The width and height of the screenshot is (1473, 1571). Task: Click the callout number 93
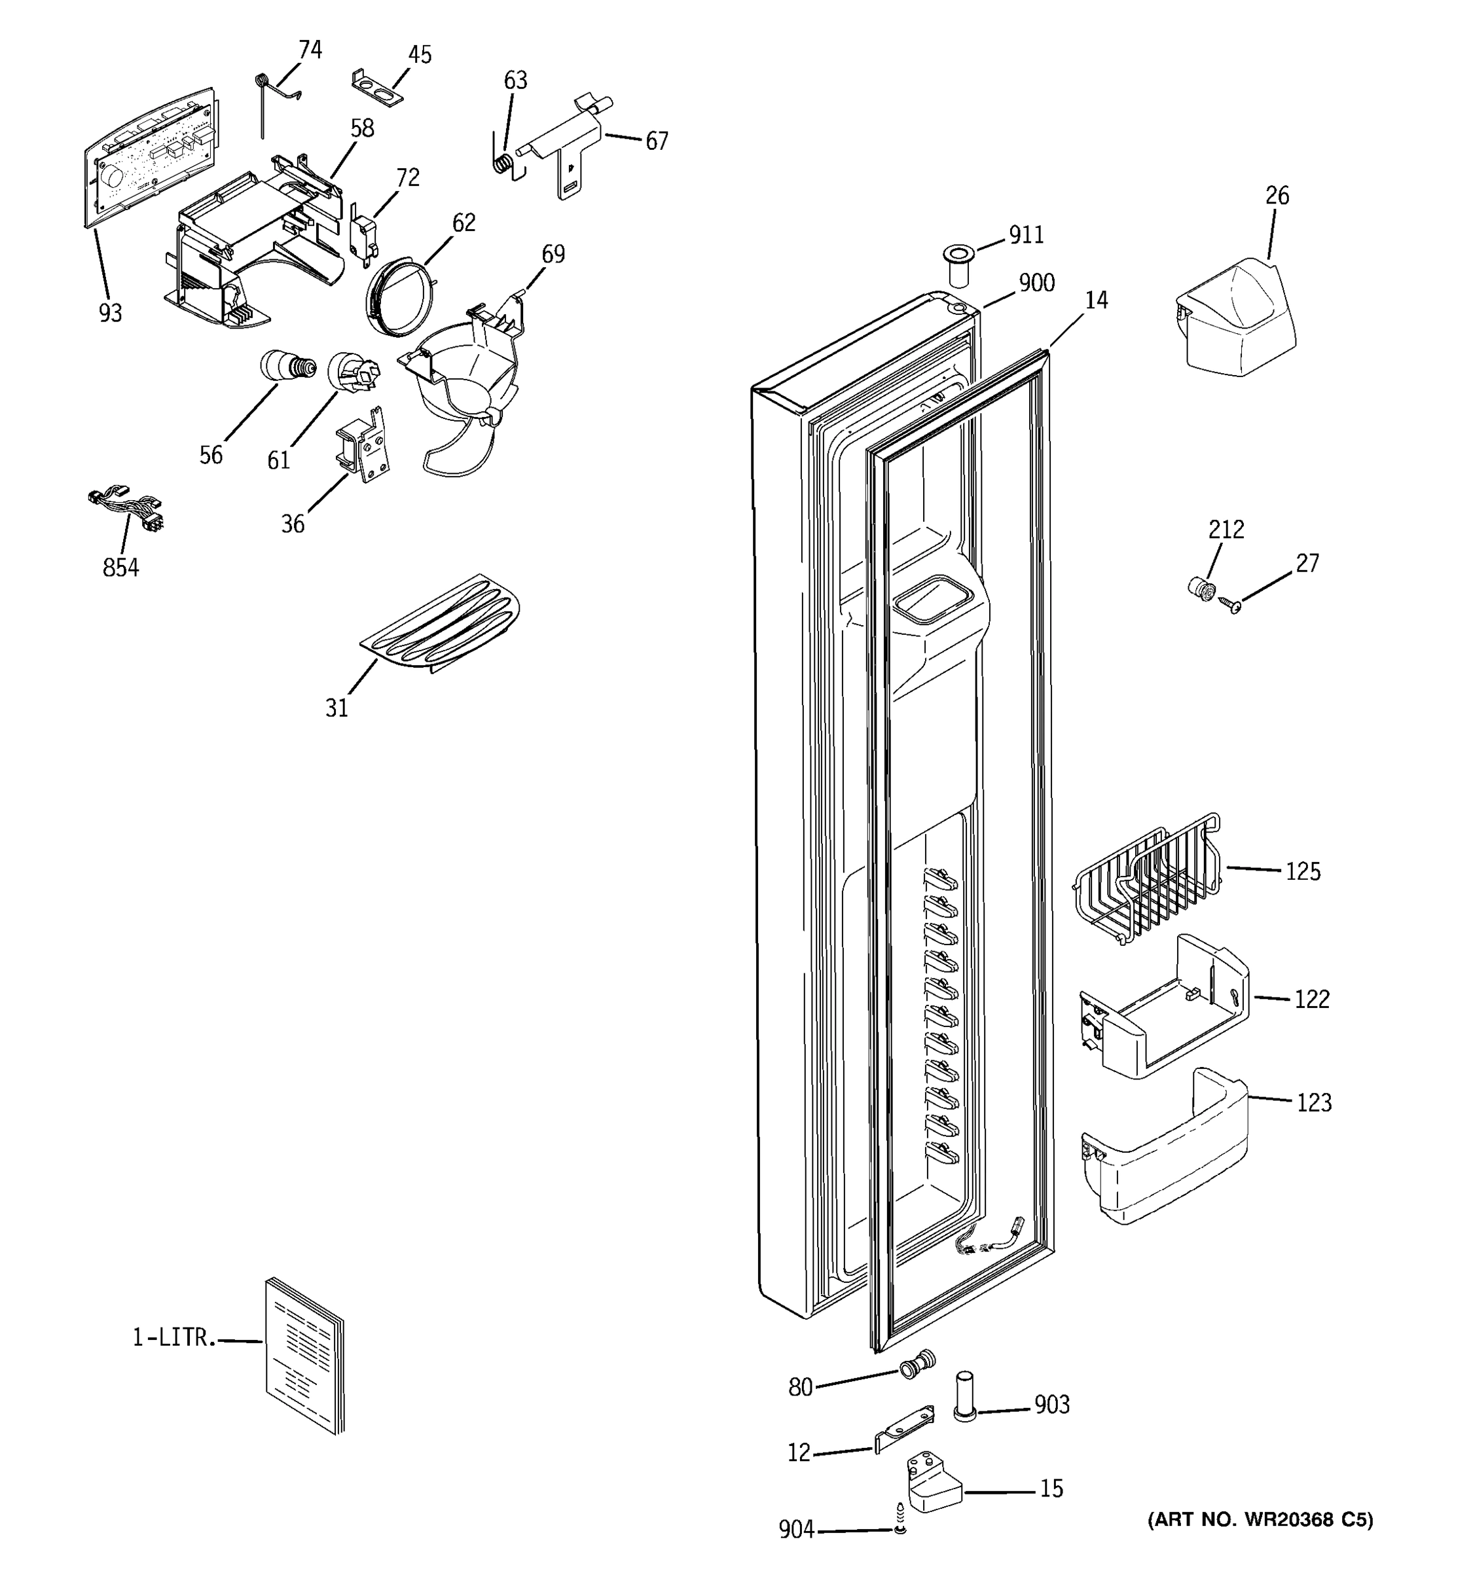(111, 314)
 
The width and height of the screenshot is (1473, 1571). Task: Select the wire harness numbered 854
(128, 510)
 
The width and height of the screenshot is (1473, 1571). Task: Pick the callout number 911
(1027, 236)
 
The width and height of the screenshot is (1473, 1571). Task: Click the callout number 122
(1312, 1000)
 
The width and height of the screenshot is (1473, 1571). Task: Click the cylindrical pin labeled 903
(966, 1397)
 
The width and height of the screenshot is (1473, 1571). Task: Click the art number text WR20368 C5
(1260, 1519)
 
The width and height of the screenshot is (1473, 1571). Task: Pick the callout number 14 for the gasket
(1096, 300)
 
